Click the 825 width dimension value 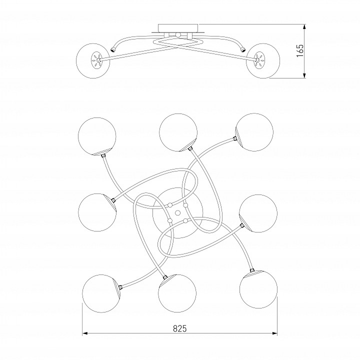tap(180, 328)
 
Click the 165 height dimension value tap(300, 50)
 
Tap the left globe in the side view tap(93, 61)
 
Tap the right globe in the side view tap(263, 61)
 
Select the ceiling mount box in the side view tap(178, 28)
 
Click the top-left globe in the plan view tap(97, 136)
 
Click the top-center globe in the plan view tap(178, 132)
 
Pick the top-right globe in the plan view tap(254, 132)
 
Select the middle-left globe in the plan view tap(97, 212)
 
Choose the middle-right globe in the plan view tap(258, 213)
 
